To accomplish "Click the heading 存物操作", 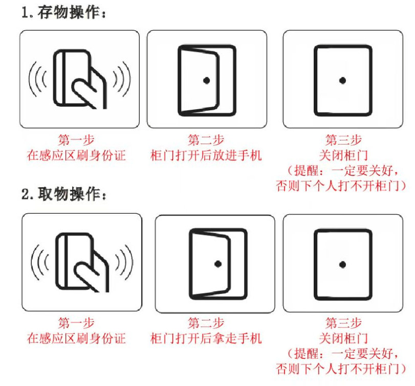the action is (x=69, y=13).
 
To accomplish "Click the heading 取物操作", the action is (x=69, y=194).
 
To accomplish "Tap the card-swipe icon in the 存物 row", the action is (x=80, y=79).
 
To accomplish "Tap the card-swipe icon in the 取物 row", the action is (x=82, y=262).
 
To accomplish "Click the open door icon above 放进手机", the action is (x=207, y=80).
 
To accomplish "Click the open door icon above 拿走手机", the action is (x=218, y=264).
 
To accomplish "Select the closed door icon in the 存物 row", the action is (x=343, y=80).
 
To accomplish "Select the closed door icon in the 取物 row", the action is (x=343, y=265).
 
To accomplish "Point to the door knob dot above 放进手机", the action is (x=207, y=80).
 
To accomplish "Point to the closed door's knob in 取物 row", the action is (x=343, y=265).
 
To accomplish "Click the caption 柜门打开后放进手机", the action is (x=206, y=155).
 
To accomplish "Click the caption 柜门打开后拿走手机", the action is (x=206, y=338).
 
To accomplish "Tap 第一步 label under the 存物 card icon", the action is (x=76, y=140).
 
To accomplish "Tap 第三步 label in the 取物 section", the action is (x=343, y=323).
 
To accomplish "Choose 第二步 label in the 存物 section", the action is (x=206, y=140).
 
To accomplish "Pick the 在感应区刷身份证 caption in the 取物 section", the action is (x=76, y=338).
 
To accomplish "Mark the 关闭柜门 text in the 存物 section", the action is (x=343, y=155).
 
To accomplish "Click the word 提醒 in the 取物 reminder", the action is (x=306, y=354).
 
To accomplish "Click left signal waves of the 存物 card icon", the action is (x=37, y=79).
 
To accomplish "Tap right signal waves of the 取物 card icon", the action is (x=124, y=262).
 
